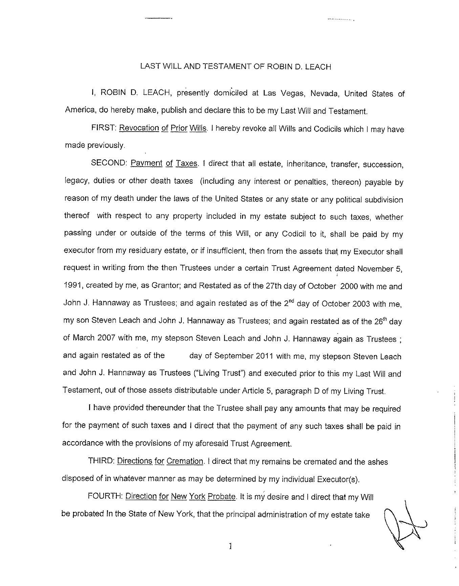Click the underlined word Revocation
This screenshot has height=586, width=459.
click(x=139, y=128)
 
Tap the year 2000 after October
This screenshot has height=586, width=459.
click(x=350, y=286)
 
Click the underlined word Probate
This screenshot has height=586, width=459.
click(x=221, y=497)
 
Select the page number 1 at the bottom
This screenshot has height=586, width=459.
click(x=230, y=546)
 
